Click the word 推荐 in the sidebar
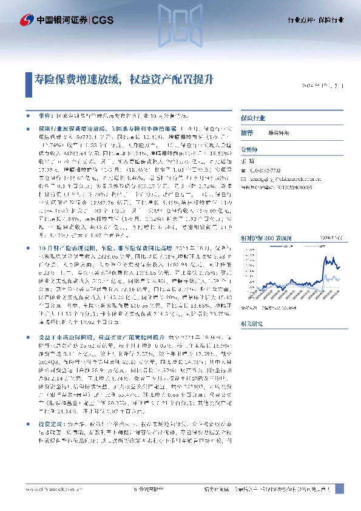247,132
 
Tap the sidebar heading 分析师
249,149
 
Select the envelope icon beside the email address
243,180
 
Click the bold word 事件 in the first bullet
45,115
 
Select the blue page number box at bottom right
339,489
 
